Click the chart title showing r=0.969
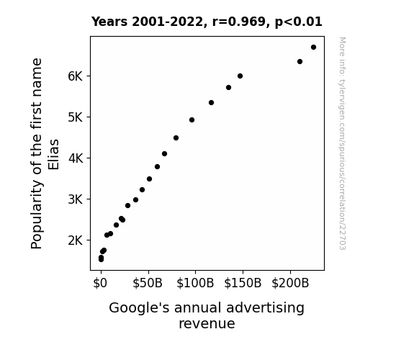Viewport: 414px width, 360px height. [207, 22]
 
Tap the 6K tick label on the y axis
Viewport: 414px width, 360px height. [76, 76]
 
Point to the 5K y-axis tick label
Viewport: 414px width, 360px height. [76, 117]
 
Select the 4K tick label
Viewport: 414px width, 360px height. [76, 158]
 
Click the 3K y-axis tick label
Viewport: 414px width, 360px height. [76, 199]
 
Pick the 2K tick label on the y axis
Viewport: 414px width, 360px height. [76, 240]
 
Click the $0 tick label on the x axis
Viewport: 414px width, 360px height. [100, 283]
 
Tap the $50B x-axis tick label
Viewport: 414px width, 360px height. [148, 283]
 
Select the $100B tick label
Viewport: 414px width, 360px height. [195, 283]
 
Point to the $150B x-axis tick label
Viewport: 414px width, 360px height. [243, 283]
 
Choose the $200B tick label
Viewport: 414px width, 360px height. [290, 283]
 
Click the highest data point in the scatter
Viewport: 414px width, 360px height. [313, 48]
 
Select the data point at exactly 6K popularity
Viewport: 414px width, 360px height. [240, 76]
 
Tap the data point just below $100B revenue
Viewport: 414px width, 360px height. [192, 120]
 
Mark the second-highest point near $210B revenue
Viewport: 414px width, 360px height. [300, 61]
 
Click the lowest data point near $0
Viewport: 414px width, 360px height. [101, 260]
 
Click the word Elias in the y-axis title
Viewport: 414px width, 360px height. [53, 155]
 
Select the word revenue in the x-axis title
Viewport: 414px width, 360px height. [207, 323]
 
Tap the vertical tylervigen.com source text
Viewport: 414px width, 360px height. [343, 143]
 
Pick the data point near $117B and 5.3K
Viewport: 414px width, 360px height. [211, 102]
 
